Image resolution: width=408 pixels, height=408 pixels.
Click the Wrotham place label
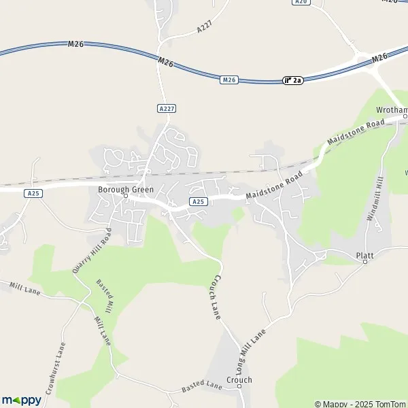point(392,110)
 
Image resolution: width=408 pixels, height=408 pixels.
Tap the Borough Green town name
point(126,188)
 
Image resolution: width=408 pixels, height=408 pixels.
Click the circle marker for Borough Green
point(126,197)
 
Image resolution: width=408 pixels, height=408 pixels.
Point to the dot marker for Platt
point(364,262)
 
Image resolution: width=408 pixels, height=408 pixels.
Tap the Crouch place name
point(240,380)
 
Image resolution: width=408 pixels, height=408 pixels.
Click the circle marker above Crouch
point(239,388)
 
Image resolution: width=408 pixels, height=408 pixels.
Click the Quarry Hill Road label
point(92,250)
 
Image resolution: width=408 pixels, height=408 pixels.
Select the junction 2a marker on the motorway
point(292,80)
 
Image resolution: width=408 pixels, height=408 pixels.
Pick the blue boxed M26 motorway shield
point(229,80)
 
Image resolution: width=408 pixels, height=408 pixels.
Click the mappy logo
point(21,400)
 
